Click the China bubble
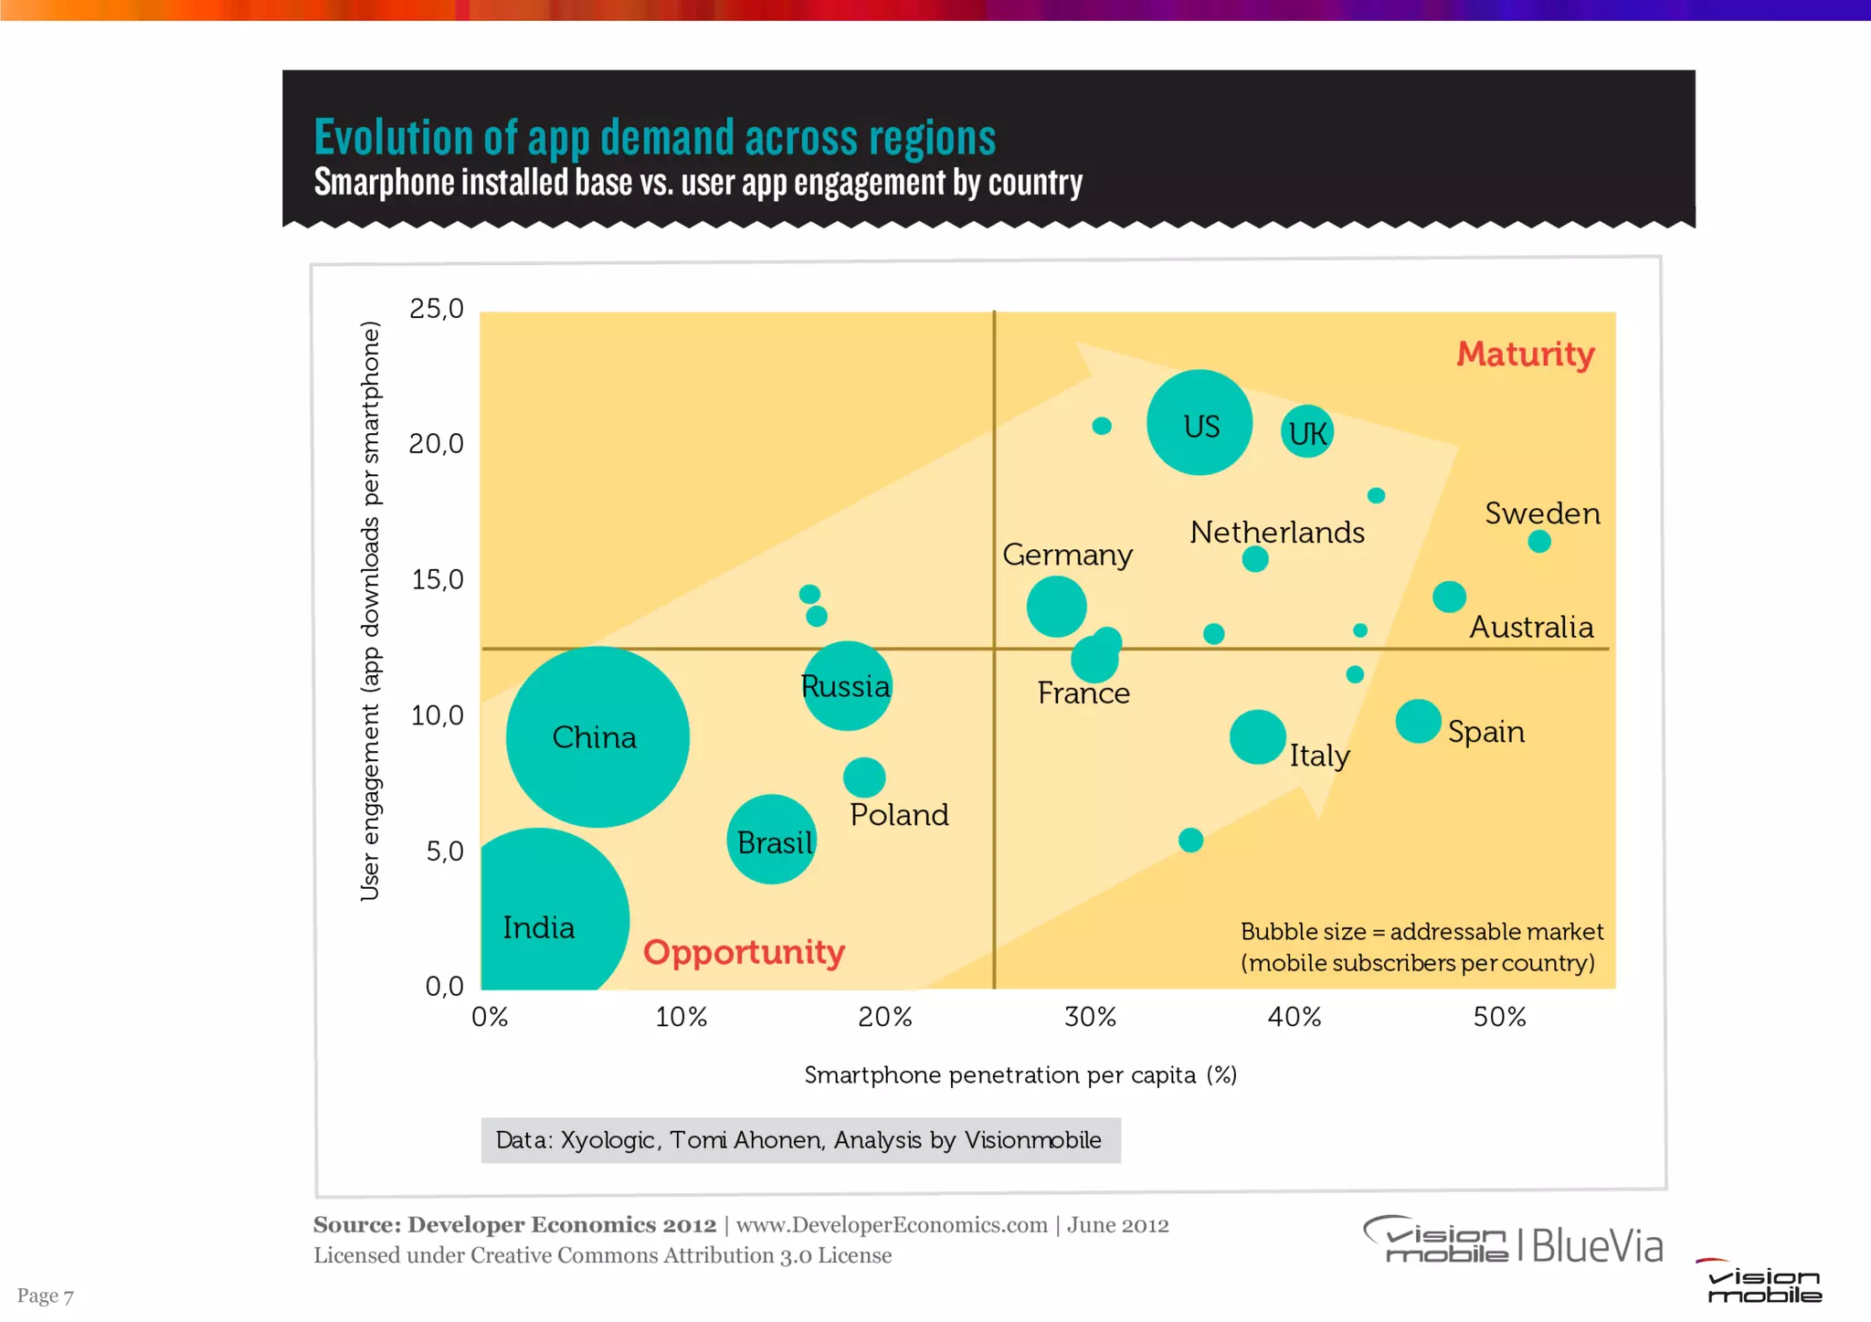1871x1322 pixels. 597,736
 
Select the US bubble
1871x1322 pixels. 1199,422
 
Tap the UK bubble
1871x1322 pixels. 1306,432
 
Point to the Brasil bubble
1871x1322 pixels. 771,839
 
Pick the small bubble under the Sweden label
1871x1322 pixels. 1539,542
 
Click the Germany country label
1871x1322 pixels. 1067,555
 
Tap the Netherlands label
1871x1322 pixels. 1276,532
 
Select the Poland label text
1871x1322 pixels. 899,814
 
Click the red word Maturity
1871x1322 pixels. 1525,354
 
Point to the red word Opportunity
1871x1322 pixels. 744,952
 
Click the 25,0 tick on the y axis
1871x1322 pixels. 437,309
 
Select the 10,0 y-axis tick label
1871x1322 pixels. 437,715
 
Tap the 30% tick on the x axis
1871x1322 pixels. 1090,1017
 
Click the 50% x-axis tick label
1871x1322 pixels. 1499,1017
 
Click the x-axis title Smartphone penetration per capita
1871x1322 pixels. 1020,1074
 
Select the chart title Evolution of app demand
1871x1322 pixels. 654,138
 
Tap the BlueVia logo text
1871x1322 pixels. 1597,1246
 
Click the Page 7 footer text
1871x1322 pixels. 45,1296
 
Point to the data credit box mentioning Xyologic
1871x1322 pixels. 800,1140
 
